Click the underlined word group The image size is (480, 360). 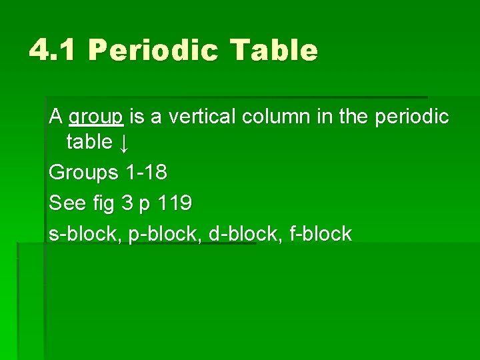(x=96, y=117)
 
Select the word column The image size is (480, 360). (x=276, y=117)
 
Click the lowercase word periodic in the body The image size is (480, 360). (x=412, y=117)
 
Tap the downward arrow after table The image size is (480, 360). (x=125, y=142)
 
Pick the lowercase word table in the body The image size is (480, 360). (x=89, y=141)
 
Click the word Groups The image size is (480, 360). (x=83, y=173)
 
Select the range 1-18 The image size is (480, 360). (x=146, y=172)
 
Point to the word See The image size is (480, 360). (x=67, y=203)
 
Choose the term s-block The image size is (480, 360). (x=84, y=233)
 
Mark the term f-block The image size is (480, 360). (x=321, y=233)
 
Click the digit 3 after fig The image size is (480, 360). (x=127, y=203)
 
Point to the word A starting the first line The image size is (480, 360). (x=55, y=117)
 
